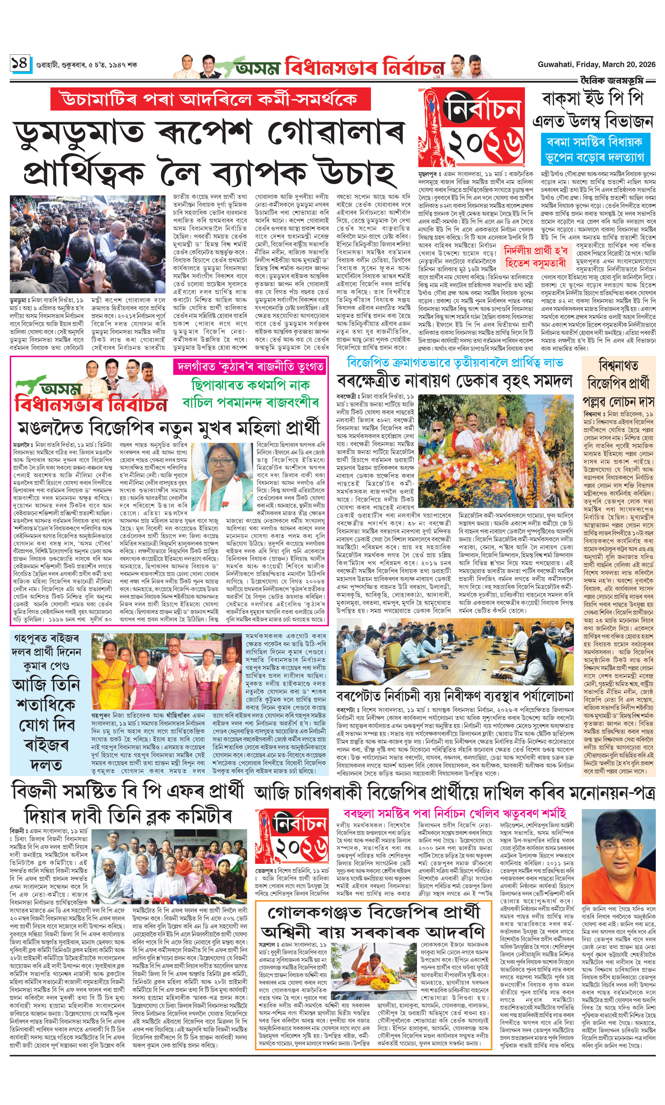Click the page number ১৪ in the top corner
pos(20,63)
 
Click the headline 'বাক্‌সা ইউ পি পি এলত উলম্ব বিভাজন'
pos(592,110)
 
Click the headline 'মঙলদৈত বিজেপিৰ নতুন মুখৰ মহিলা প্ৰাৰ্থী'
pos(169,427)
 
